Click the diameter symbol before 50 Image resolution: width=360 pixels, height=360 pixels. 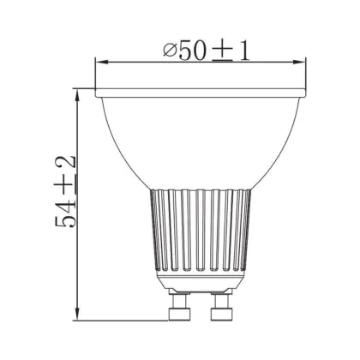170,51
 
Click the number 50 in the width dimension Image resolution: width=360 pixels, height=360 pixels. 192,51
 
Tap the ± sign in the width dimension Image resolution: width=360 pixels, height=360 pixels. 223,51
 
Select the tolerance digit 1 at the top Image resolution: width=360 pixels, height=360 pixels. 244,51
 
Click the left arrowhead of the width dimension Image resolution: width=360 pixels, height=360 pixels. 102,62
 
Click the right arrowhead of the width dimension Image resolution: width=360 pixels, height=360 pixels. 299,62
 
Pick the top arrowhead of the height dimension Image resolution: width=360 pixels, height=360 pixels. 77,95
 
